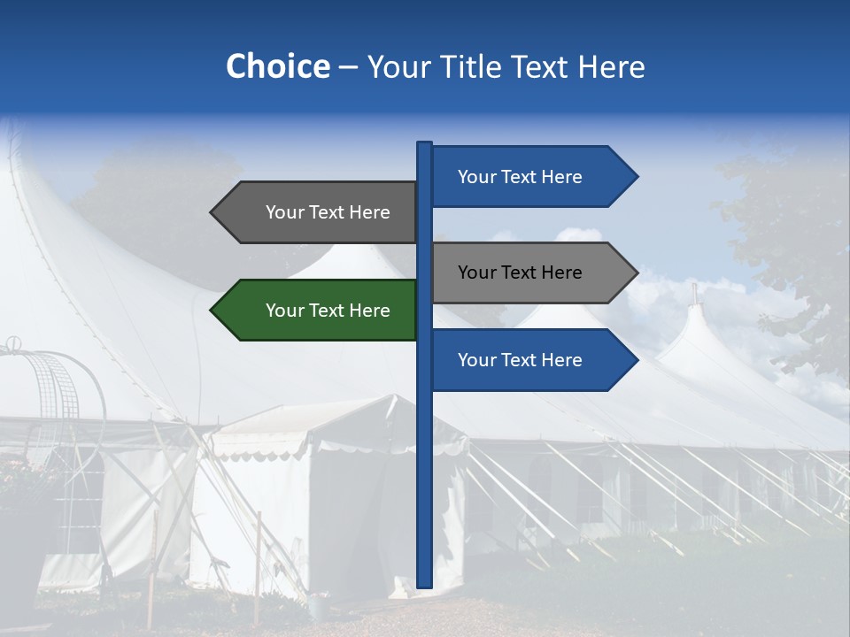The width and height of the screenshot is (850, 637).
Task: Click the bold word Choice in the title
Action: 277,66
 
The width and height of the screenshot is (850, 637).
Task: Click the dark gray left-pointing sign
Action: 319,212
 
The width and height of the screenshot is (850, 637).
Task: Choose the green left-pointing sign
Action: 319,311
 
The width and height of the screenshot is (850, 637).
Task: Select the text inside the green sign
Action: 328,311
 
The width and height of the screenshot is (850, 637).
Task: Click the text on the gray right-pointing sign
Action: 520,272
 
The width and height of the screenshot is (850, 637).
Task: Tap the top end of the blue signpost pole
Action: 425,144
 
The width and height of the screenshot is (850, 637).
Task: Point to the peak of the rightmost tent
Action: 695,296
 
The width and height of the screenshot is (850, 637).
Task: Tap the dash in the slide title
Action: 348,68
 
